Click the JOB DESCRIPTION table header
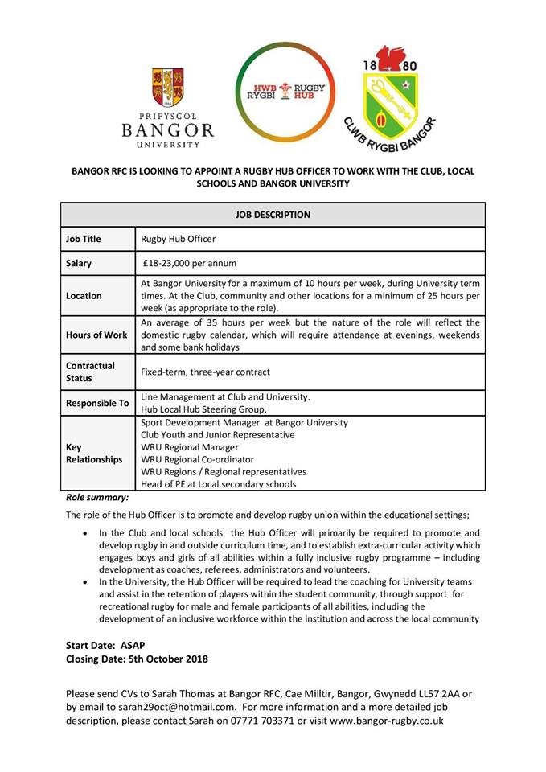[273, 215]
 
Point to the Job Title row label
[84, 239]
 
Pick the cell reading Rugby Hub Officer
[179, 239]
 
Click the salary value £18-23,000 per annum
[191, 263]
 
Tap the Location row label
[84, 295]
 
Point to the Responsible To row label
[97, 403]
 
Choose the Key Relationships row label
[93, 453]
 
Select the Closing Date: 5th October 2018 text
[137, 659]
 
